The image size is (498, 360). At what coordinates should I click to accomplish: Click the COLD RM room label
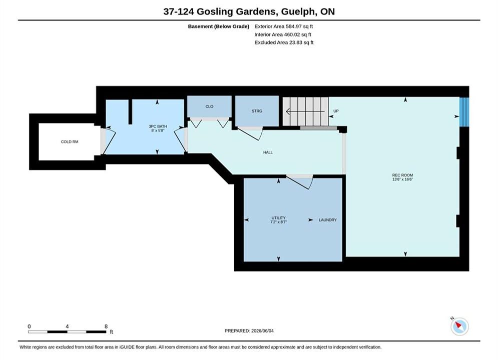point(70,142)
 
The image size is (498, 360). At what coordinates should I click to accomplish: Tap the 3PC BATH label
point(158,126)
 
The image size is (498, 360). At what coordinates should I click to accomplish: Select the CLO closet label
point(209,106)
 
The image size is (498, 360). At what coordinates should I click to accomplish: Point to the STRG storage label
point(257,111)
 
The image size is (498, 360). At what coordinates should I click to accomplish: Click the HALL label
point(268,152)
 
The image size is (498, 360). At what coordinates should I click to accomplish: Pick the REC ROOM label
point(402,175)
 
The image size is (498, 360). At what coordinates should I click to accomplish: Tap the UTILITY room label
point(279,218)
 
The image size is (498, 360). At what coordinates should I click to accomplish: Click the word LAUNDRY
point(327,220)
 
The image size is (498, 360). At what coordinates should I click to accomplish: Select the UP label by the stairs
point(336,111)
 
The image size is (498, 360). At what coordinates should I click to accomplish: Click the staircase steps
point(305,111)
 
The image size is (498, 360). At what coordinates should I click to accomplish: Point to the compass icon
point(459,326)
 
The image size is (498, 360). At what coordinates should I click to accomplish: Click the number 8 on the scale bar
point(106,326)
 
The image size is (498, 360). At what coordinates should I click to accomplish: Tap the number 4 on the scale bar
point(67,326)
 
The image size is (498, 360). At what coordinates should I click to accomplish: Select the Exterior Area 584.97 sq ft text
point(284,26)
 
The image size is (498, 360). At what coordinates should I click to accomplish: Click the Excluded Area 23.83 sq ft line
point(284,42)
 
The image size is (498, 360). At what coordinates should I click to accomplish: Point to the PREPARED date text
point(249,331)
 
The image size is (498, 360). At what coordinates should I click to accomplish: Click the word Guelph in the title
point(298,11)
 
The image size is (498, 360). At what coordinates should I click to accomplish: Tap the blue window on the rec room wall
point(464,112)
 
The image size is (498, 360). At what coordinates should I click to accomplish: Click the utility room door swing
point(300,182)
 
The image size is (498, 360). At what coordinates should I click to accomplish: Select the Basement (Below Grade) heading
point(219,26)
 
